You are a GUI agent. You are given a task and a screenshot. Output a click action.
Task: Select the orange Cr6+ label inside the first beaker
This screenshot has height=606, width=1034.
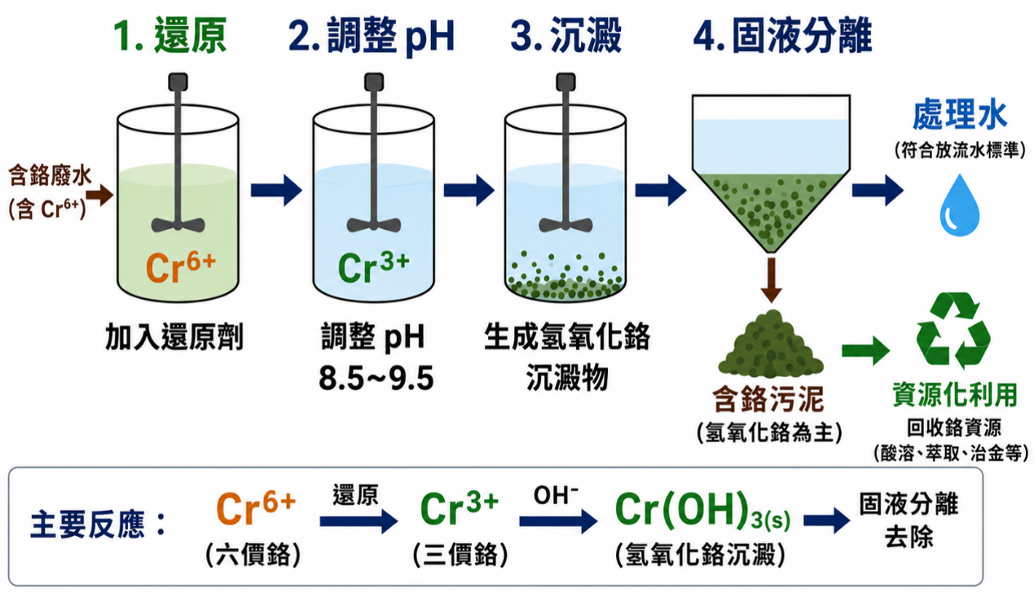181,268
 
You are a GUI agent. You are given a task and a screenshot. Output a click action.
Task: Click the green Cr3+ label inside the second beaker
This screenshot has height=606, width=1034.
374,268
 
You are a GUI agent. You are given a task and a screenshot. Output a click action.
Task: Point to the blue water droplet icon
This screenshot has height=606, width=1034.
960,206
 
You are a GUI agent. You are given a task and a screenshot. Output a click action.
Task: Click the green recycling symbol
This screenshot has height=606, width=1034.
953,331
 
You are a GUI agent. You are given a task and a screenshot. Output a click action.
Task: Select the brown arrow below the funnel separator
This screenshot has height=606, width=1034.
772,279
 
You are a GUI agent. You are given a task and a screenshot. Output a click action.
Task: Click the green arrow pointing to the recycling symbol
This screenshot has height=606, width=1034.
866,351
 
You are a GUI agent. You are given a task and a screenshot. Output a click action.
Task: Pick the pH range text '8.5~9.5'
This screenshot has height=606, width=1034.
376,379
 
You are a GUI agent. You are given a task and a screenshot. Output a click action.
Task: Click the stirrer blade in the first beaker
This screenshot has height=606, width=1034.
178,225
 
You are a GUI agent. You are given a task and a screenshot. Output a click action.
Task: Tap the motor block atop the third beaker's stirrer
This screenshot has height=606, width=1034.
565,81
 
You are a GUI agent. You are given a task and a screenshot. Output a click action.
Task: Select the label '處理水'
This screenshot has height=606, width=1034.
960,115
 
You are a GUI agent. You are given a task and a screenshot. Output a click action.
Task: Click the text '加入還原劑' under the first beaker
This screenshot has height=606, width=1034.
174,337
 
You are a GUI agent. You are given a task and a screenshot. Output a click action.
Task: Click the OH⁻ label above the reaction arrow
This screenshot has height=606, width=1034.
556,496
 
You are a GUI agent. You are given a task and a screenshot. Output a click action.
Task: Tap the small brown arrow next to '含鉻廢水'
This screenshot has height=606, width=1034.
99,195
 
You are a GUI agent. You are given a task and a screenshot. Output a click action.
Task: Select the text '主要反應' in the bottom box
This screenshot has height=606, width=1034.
87,525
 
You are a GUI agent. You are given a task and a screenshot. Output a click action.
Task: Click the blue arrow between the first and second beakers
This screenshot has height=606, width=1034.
276,190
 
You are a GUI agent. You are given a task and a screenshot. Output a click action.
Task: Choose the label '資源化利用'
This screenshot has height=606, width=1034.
955,395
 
